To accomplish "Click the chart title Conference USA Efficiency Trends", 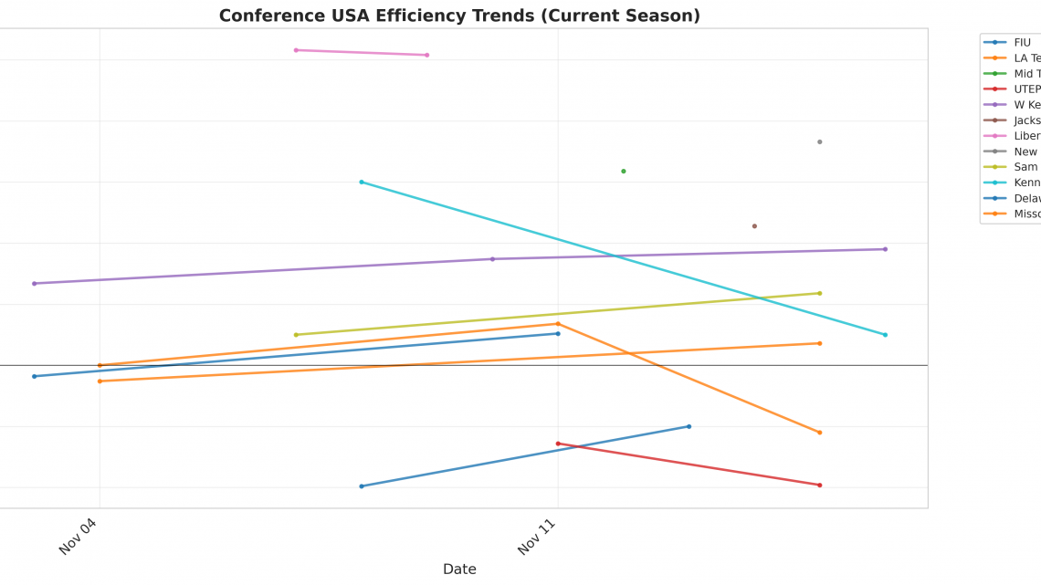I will tap(459, 16).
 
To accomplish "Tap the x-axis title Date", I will tap(459, 569).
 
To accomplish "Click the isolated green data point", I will tap(624, 171).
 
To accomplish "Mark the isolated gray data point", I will tap(819, 141).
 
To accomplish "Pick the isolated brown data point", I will tap(754, 225).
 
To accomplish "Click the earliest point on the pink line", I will tap(296, 50).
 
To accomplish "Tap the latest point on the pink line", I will tap(426, 55).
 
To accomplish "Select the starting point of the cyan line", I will tap(362, 182).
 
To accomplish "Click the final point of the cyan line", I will tap(885, 335).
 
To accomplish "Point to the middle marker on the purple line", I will tap(492, 259).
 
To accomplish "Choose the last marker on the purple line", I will tap(885, 249).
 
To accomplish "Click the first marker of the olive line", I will tap(296, 335).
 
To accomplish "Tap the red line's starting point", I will tap(558, 444).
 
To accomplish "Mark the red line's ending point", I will tap(819, 485).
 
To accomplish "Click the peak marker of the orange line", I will tap(558, 323).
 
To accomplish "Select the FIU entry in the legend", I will tap(1022, 42).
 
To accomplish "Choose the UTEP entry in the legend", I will tap(1026, 89).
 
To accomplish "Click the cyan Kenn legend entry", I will tap(1026, 183).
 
